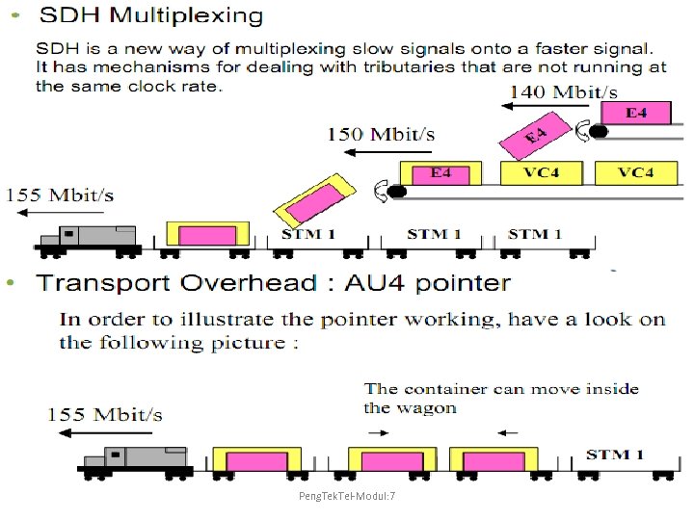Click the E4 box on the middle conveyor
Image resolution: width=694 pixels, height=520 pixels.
pyautogui.click(x=440, y=173)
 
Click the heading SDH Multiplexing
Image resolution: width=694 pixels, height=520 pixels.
pyautogui.click(x=150, y=16)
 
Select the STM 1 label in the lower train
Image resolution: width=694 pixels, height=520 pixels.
pyautogui.click(x=621, y=455)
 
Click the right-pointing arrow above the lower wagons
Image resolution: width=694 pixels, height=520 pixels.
pyautogui.click(x=379, y=432)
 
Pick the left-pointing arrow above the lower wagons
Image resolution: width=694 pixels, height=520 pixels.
pyautogui.click(x=509, y=432)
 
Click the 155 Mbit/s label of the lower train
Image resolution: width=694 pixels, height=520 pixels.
pyautogui.click(x=105, y=415)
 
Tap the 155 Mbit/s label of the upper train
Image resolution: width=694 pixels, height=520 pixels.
pyautogui.click(x=60, y=195)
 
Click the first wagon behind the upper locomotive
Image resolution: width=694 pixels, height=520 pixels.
pyautogui.click(x=207, y=235)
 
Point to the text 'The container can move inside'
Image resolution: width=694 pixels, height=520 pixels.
pyautogui.click(x=501, y=389)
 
